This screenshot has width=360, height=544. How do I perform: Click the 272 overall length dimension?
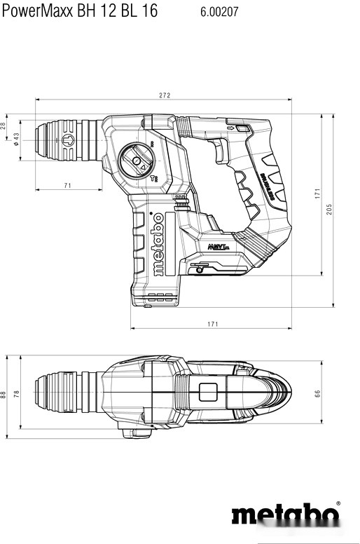tap(165, 95)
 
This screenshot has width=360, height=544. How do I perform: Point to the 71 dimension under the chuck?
tap(68, 185)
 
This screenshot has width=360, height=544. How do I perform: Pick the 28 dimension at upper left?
tap(4, 125)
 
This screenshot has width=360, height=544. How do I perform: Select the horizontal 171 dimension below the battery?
tap(213, 324)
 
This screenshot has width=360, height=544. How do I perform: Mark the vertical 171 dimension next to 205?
tap(317, 193)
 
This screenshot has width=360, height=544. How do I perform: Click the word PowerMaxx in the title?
tap(34, 11)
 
